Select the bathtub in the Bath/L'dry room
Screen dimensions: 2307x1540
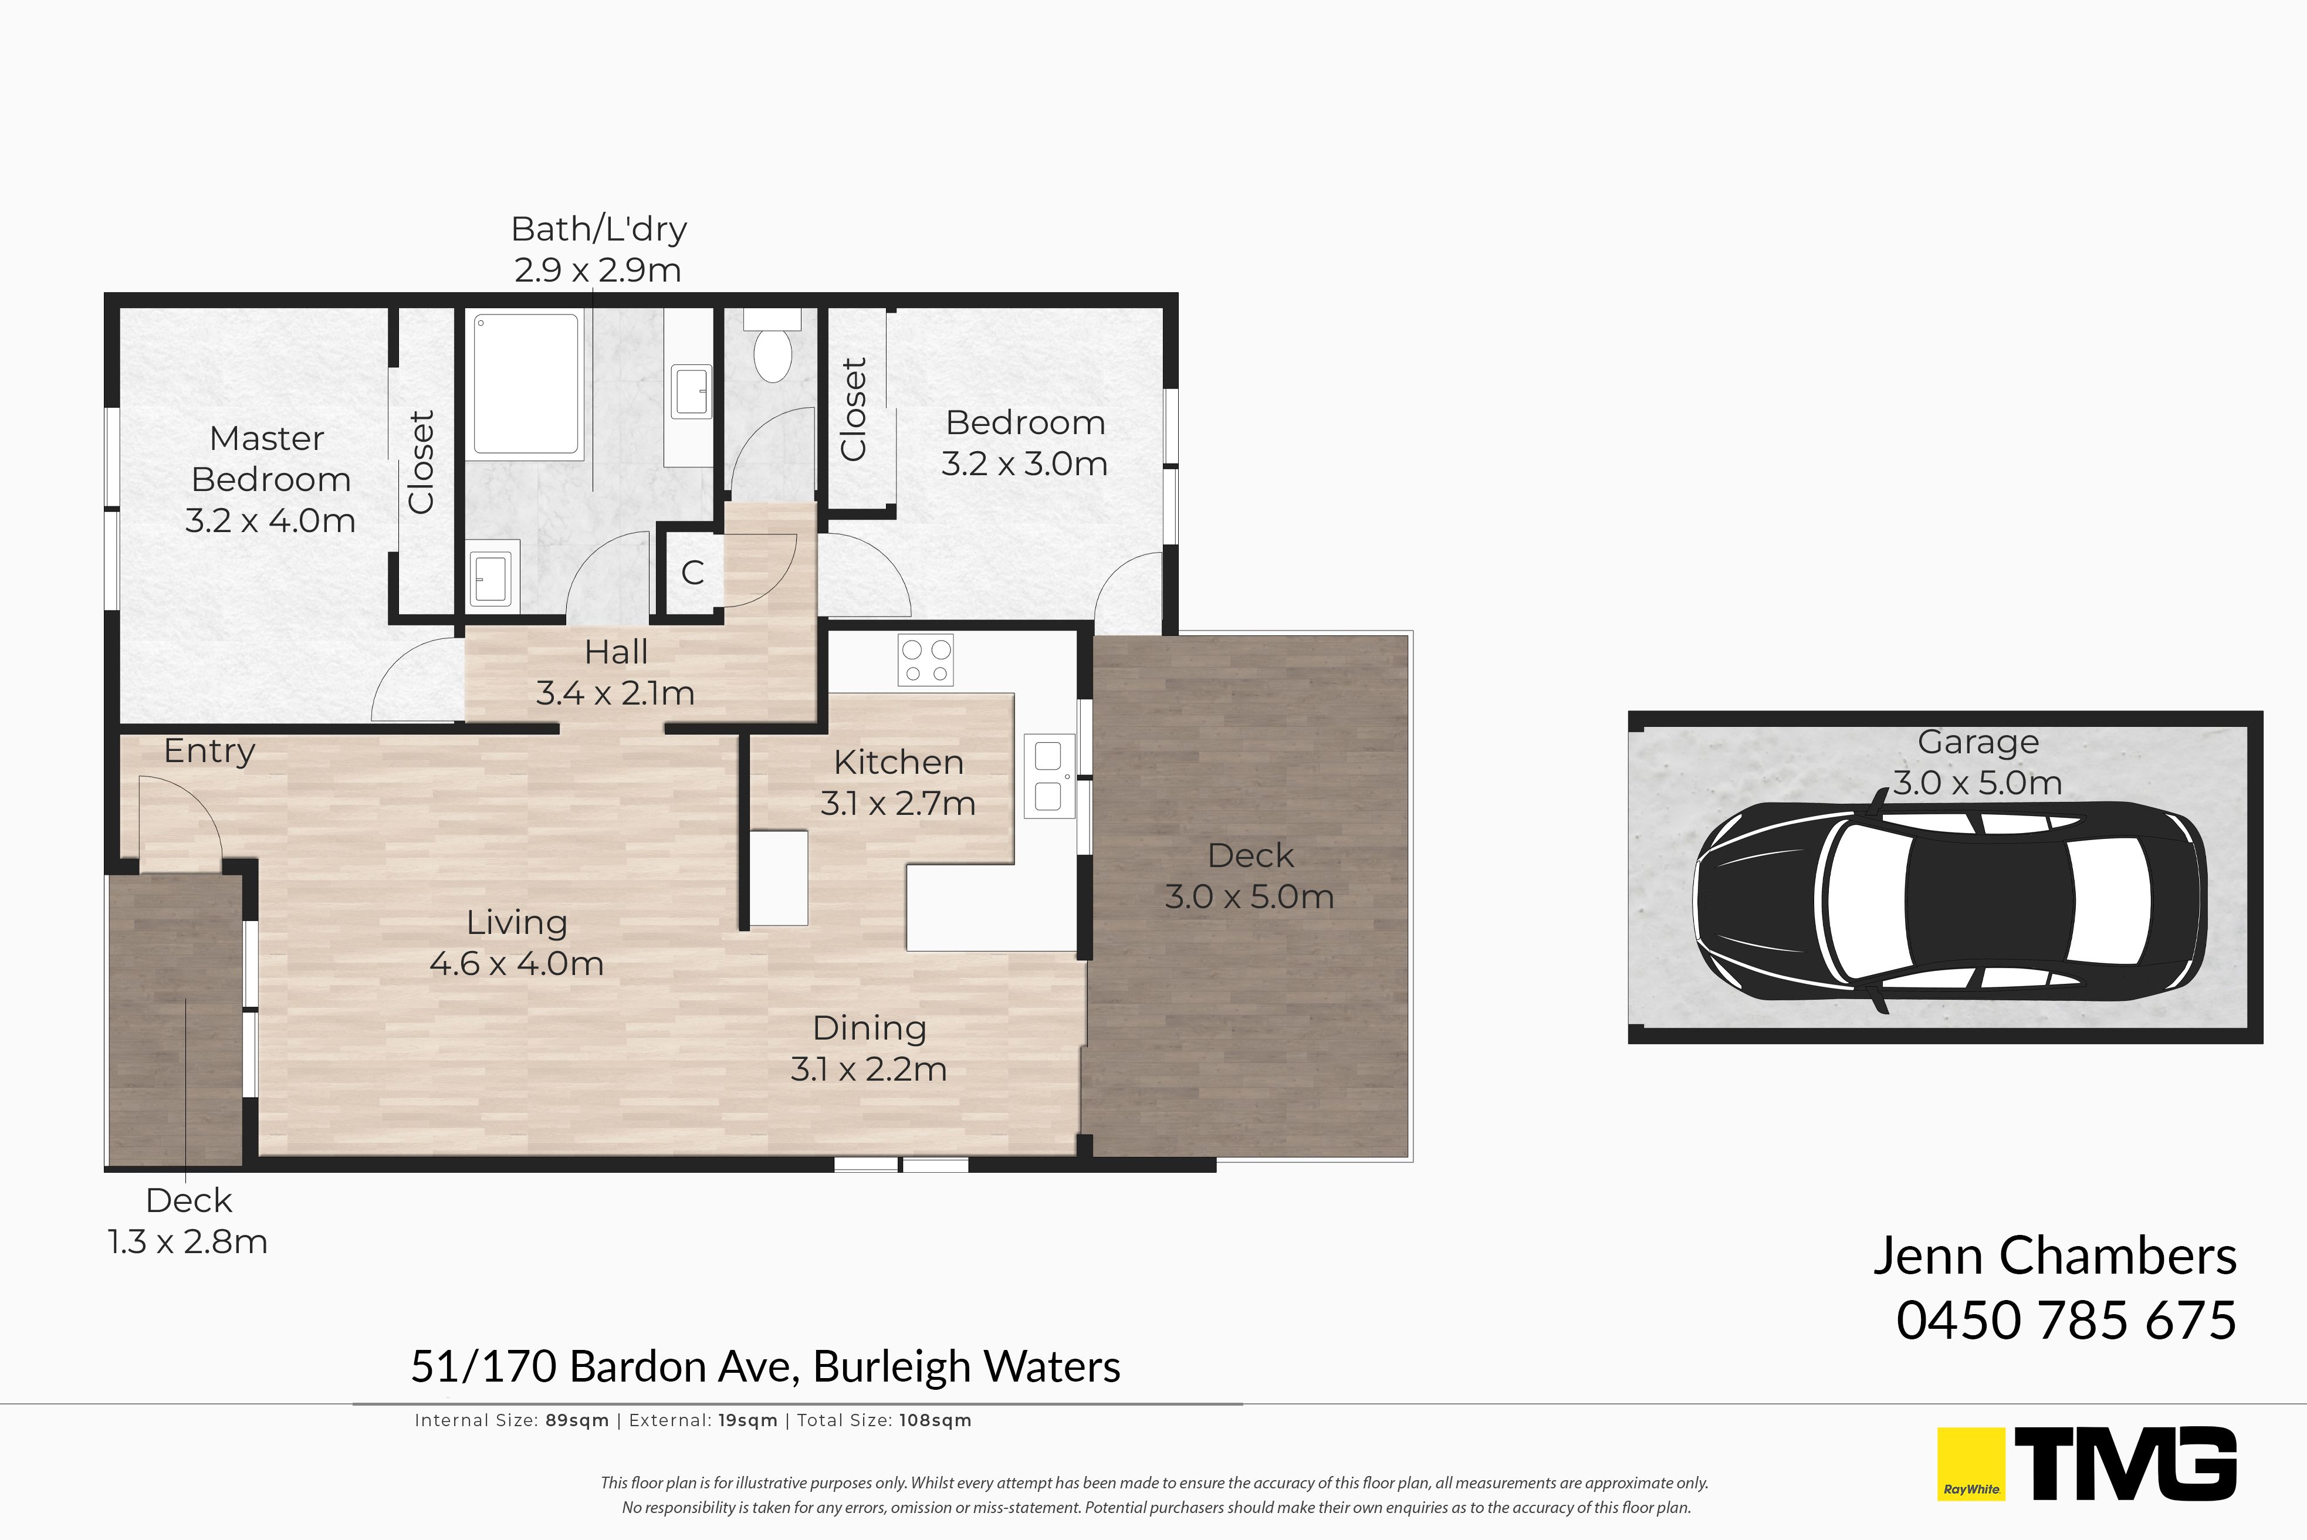pos(526,383)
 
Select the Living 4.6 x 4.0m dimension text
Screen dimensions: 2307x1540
pos(516,963)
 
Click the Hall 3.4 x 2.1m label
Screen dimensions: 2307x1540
pos(616,673)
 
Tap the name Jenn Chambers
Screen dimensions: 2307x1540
pos(2055,1255)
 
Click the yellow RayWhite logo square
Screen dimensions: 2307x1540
pos(1970,1463)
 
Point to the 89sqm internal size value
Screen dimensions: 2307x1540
pos(577,1420)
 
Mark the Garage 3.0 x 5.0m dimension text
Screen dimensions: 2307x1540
pos(1978,783)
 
